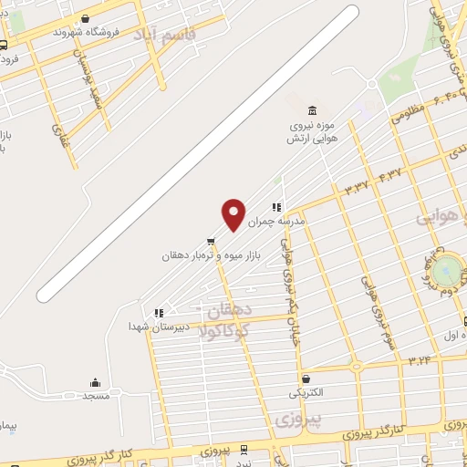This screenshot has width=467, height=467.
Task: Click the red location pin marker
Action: point(234,213)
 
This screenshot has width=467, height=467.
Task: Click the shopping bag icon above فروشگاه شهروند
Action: point(86,17)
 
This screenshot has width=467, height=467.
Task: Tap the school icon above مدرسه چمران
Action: point(275,207)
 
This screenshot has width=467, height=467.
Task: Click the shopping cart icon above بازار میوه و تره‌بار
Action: point(212,243)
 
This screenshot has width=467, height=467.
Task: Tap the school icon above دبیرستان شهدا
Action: point(159,312)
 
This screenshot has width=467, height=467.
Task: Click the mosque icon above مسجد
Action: point(95,382)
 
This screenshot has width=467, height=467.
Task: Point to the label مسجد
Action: point(96,396)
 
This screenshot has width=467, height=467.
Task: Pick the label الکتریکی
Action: point(305,393)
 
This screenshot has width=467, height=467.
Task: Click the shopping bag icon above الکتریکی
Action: point(305,379)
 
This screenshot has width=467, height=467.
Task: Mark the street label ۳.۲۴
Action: point(420,358)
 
